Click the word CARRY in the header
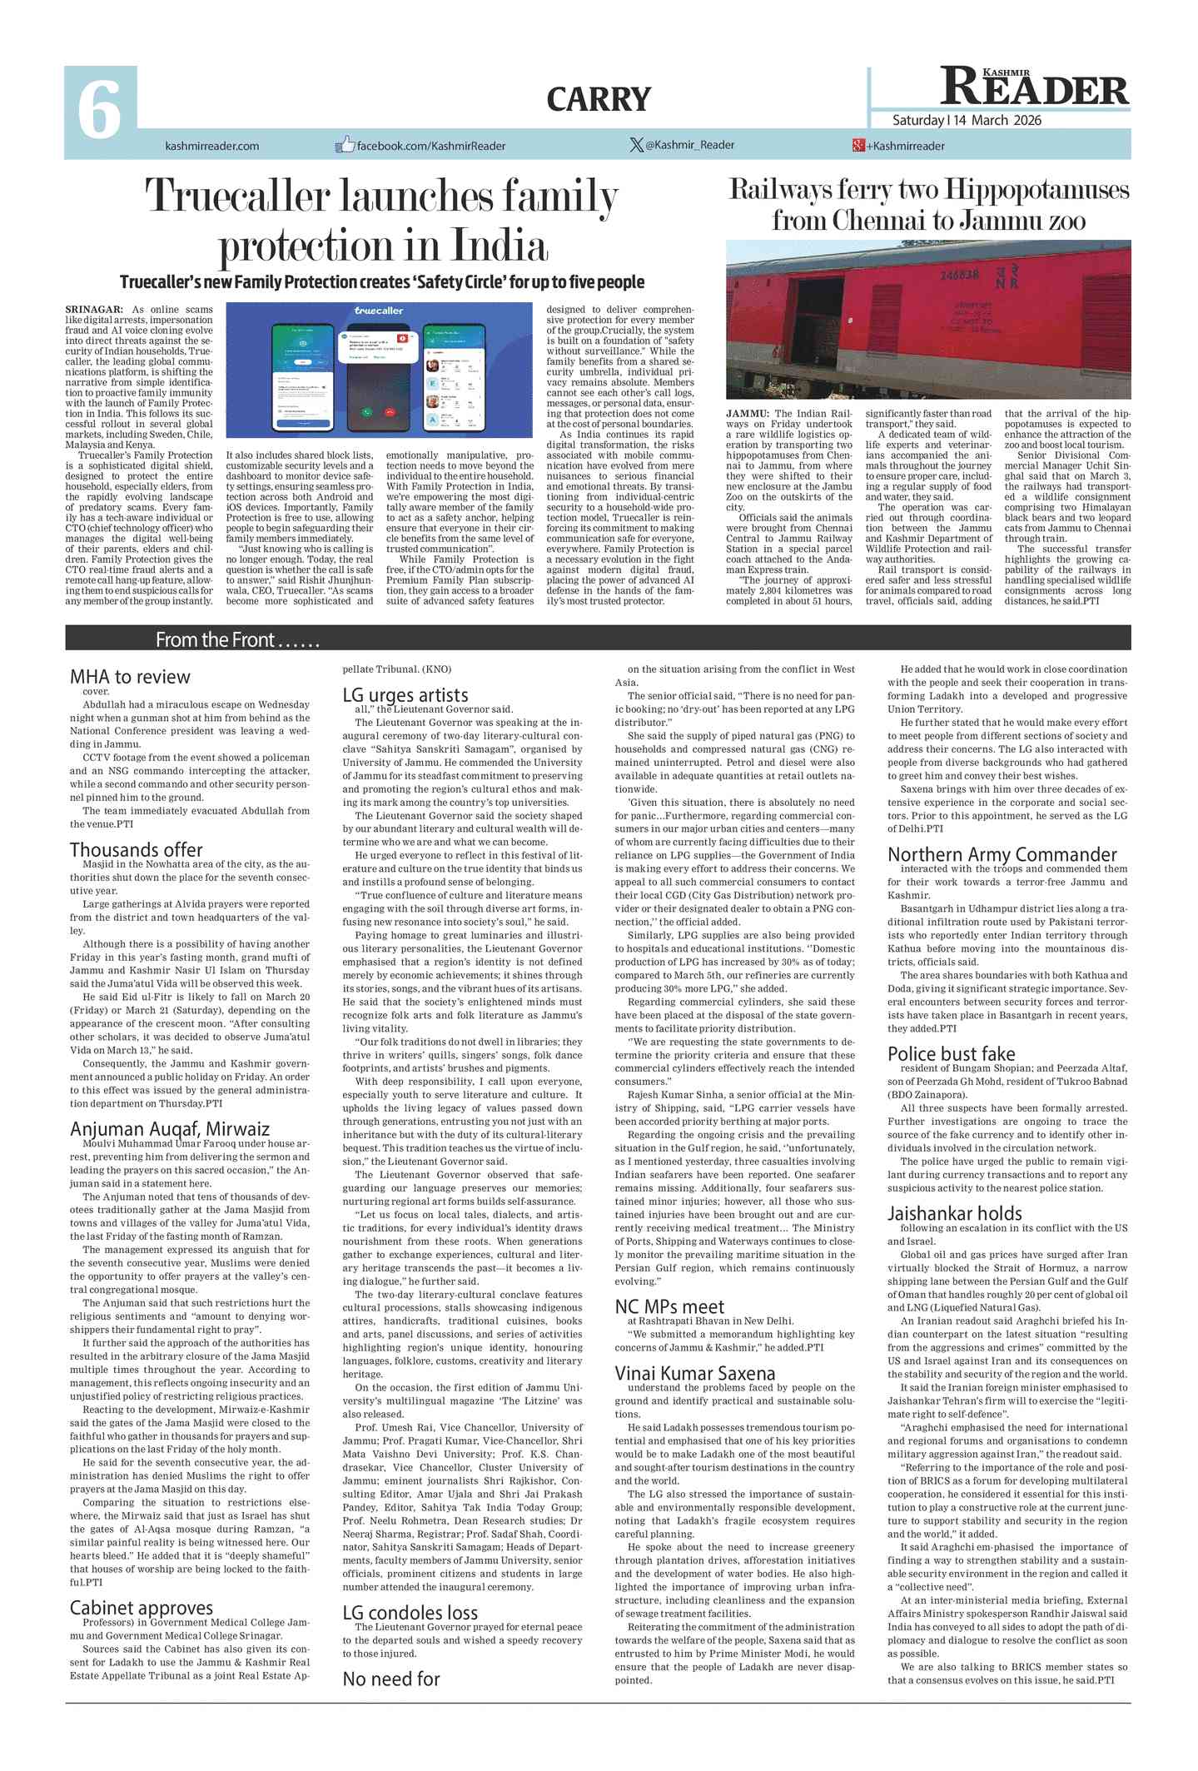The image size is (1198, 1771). (599, 100)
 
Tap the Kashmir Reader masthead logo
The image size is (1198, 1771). (1034, 87)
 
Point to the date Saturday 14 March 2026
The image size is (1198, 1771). (967, 121)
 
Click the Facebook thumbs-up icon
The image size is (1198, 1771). (344, 145)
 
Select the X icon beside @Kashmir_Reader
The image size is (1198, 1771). (636, 145)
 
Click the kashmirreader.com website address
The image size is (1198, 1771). (211, 147)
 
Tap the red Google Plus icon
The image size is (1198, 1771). (858, 146)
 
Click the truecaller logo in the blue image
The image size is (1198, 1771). (379, 311)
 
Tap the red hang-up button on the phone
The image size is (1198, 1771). (390, 412)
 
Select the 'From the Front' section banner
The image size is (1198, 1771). (237, 639)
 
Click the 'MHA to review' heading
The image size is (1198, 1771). (130, 677)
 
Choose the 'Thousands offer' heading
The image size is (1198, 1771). (137, 850)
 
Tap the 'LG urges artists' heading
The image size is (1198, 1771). (405, 695)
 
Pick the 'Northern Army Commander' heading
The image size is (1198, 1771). (1002, 855)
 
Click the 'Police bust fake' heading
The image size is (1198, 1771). (951, 1054)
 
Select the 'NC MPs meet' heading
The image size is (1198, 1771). (669, 1307)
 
